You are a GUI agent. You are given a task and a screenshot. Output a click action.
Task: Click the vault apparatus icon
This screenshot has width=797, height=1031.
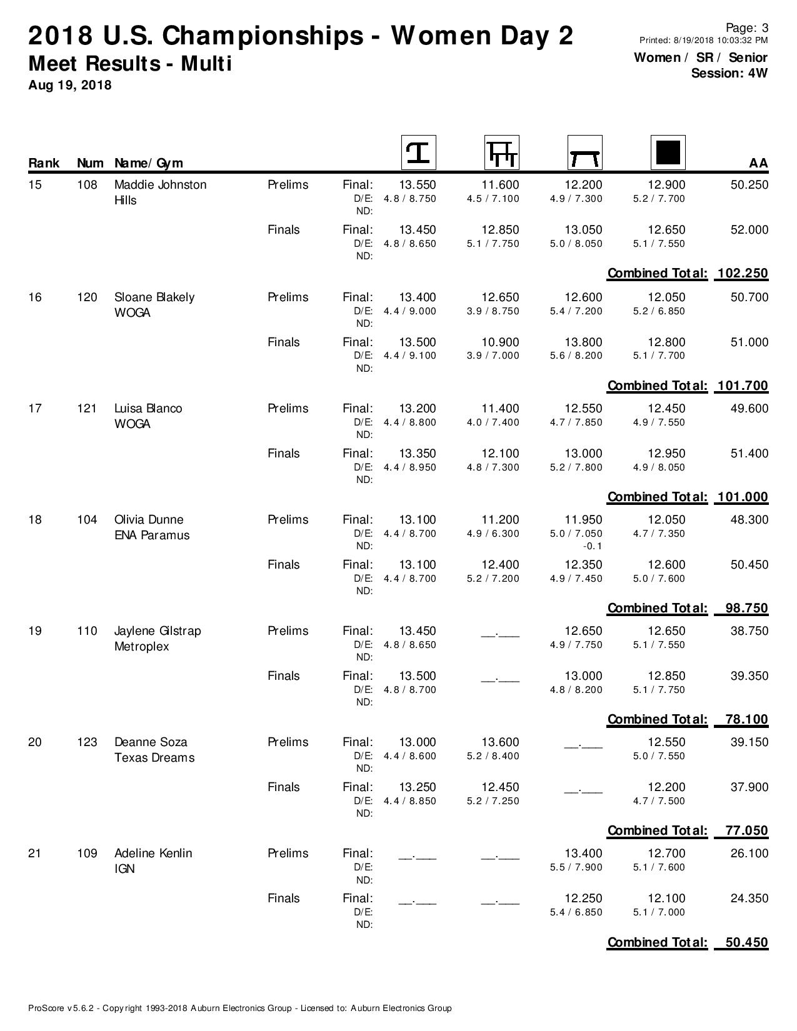tap(418, 152)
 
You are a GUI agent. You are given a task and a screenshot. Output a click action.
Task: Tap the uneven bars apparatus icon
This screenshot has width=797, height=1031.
tap(501, 152)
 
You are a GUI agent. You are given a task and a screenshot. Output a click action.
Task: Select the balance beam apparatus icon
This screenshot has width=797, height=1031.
tap(584, 152)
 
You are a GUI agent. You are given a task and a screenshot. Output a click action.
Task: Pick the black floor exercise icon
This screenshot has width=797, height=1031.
tap(668, 152)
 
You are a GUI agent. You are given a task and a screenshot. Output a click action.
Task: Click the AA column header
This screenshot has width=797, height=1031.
tap(758, 163)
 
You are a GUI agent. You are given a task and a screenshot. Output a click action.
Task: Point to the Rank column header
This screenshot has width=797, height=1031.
tap(44, 163)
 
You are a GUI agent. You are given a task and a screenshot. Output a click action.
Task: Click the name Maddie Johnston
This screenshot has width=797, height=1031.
tap(160, 185)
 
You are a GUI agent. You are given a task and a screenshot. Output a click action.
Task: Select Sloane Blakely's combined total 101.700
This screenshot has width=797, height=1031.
tap(743, 386)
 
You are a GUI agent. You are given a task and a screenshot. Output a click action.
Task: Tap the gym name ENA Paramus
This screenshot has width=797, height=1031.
tap(152, 535)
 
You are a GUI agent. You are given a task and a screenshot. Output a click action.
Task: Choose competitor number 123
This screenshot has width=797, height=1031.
tap(87, 742)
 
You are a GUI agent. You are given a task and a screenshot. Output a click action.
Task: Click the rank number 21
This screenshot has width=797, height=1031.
tap(35, 854)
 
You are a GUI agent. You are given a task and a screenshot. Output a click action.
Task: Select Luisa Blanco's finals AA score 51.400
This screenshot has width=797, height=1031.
tap(749, 454)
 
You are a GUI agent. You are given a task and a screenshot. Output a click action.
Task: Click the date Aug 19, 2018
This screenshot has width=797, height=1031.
tap(70, 85)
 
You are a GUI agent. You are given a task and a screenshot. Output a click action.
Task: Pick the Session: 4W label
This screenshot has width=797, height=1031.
tap(729, 73)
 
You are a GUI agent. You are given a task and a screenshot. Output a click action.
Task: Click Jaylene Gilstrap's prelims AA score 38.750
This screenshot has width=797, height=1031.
tap(749, 631)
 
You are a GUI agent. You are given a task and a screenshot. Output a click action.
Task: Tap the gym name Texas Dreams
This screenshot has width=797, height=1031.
tap(154, 758)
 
